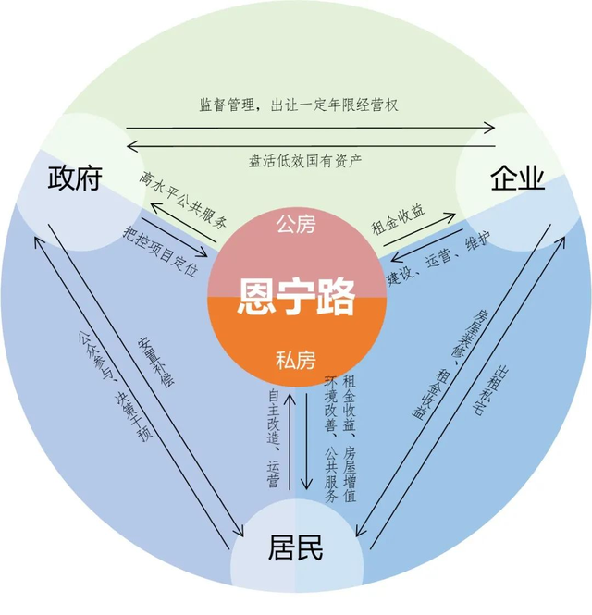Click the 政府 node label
point(75,178)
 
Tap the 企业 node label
point(518,178)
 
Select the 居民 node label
point(295,547)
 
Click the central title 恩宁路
point(296,297)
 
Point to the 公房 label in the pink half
point(296,225)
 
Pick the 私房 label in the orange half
point(296,360)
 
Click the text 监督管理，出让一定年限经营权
point(299,105)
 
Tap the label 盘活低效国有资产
point(305,161)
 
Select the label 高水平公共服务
point(183,200)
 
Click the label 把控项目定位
point(160,251)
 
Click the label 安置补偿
point(155,362)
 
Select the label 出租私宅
point(488,390)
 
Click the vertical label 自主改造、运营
point(274,438)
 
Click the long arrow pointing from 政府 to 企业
point(310,128)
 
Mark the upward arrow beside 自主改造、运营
point(290,441)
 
